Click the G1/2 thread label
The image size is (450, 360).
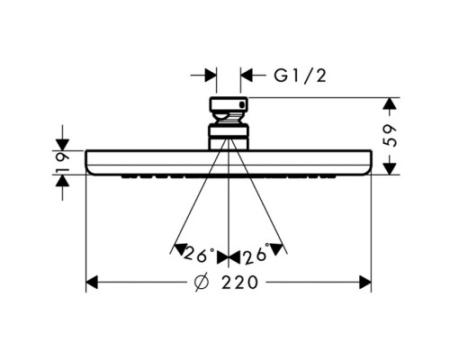click(300, 76)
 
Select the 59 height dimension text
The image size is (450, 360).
click(390, 135)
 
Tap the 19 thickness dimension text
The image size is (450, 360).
click(62, 162)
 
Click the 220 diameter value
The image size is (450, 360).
click(239, 283)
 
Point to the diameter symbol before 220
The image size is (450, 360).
click(201, 283)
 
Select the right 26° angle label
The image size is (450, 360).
click(256, 253)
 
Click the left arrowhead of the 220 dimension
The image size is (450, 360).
click(92, 283)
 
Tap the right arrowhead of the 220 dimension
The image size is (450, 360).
click(365, 283)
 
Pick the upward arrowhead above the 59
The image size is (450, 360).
click(390, 103)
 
